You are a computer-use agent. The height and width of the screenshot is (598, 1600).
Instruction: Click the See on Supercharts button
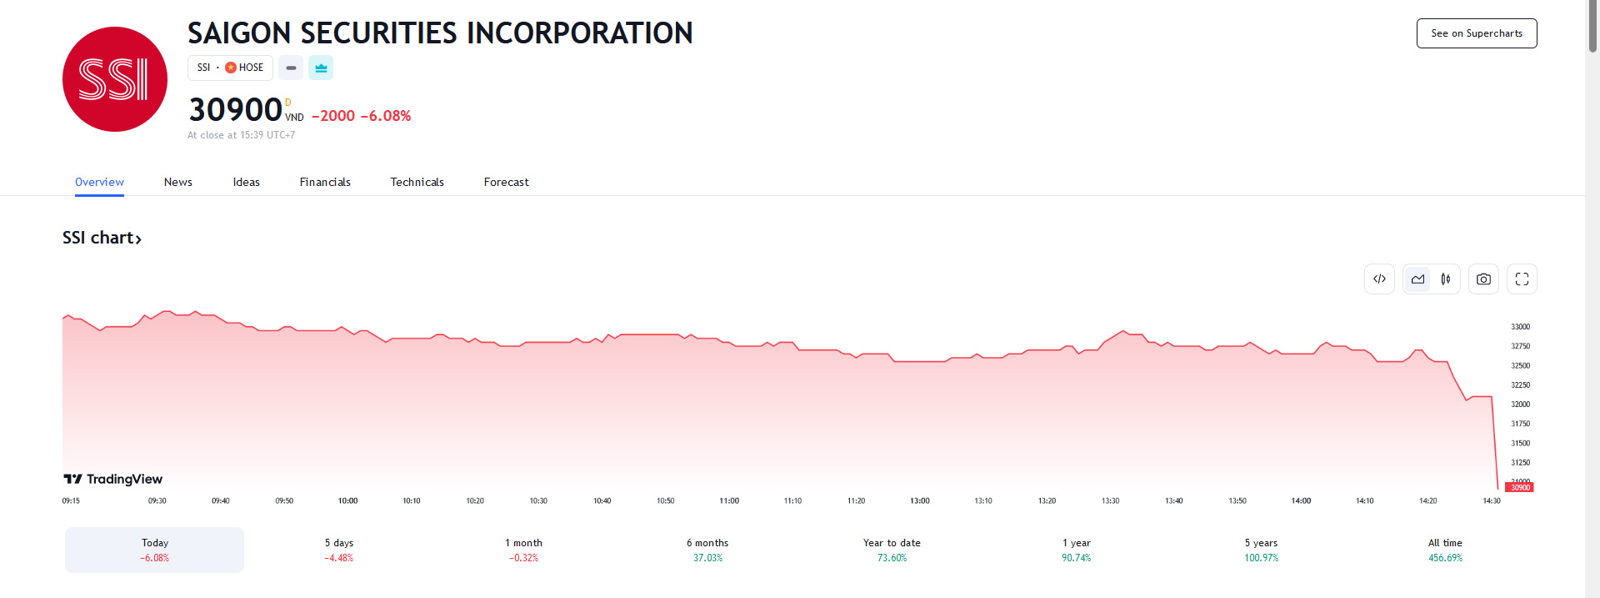click(x=1476, y=33)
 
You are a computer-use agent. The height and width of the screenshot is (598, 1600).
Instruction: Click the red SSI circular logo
click(x=115, y=79)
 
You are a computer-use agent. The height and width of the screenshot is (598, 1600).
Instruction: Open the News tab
click(x=177, y=182)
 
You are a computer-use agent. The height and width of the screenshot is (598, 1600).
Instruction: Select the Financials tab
click(x=325, y=182)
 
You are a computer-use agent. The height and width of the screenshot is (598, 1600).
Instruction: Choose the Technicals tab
click(x=417, y=182)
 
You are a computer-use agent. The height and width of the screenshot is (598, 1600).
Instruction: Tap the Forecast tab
click(x=506, y=182)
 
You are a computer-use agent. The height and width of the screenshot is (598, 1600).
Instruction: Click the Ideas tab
click(x=246, y=182)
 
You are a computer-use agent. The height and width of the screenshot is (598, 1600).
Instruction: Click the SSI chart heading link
click(x=102, y=238)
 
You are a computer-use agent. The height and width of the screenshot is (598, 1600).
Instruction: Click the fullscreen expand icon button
click(x=1522, y=279)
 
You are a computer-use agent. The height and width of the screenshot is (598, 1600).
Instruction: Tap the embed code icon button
click(x=1379, y=279)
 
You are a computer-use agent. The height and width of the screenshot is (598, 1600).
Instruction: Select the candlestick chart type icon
click(x=1446, y=279)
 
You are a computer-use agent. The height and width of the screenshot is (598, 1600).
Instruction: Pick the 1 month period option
click(x=523, y=550)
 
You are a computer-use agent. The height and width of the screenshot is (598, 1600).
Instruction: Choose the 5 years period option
click(x=1261, y=550)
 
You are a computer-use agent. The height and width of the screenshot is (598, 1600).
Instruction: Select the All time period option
click(x=1445, y=550)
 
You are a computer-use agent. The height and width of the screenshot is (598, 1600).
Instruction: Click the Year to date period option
click(x=892, y=550)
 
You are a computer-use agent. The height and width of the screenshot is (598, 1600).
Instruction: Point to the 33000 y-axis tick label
click(x=1520, y=327)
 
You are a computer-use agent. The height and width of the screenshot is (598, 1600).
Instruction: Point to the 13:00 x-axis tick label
click(x=919, y=501)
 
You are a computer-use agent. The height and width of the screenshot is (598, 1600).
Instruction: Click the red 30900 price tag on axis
click(x=1520, y=488)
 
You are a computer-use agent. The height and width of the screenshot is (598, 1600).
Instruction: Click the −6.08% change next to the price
click(x=386, y=116)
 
